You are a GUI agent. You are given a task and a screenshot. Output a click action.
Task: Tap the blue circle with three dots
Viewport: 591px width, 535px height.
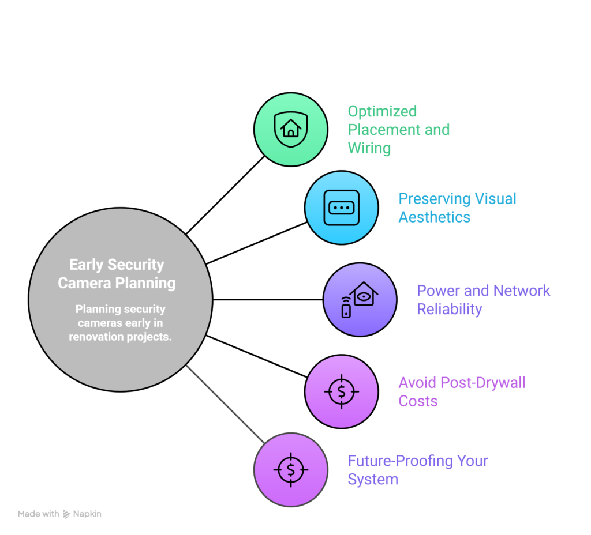point(342,207)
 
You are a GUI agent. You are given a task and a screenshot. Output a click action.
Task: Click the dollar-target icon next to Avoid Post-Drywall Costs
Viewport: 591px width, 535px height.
point(341,391)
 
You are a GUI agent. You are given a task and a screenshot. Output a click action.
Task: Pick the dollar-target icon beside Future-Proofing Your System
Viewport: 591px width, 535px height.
point(291,470)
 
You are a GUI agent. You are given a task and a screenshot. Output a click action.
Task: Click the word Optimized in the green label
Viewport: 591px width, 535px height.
point(382,111)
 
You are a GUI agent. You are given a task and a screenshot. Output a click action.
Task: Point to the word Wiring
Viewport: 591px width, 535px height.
point(369,148)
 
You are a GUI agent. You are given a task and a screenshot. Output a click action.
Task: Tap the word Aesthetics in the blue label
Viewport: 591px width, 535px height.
point(434,217)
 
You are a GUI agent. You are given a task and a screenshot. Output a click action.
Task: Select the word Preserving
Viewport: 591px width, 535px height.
point(433,199)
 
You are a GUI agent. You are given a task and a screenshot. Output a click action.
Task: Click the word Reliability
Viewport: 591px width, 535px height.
point(449,309)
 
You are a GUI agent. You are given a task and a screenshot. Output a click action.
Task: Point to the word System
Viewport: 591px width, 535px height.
point(372,480)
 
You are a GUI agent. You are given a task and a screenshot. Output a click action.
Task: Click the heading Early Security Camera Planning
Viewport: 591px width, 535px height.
point(117,274)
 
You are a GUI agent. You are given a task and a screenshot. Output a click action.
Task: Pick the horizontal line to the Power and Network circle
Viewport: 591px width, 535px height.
point(267,300)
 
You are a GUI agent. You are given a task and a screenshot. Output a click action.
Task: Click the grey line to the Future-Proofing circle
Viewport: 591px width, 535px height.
point(225,404)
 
